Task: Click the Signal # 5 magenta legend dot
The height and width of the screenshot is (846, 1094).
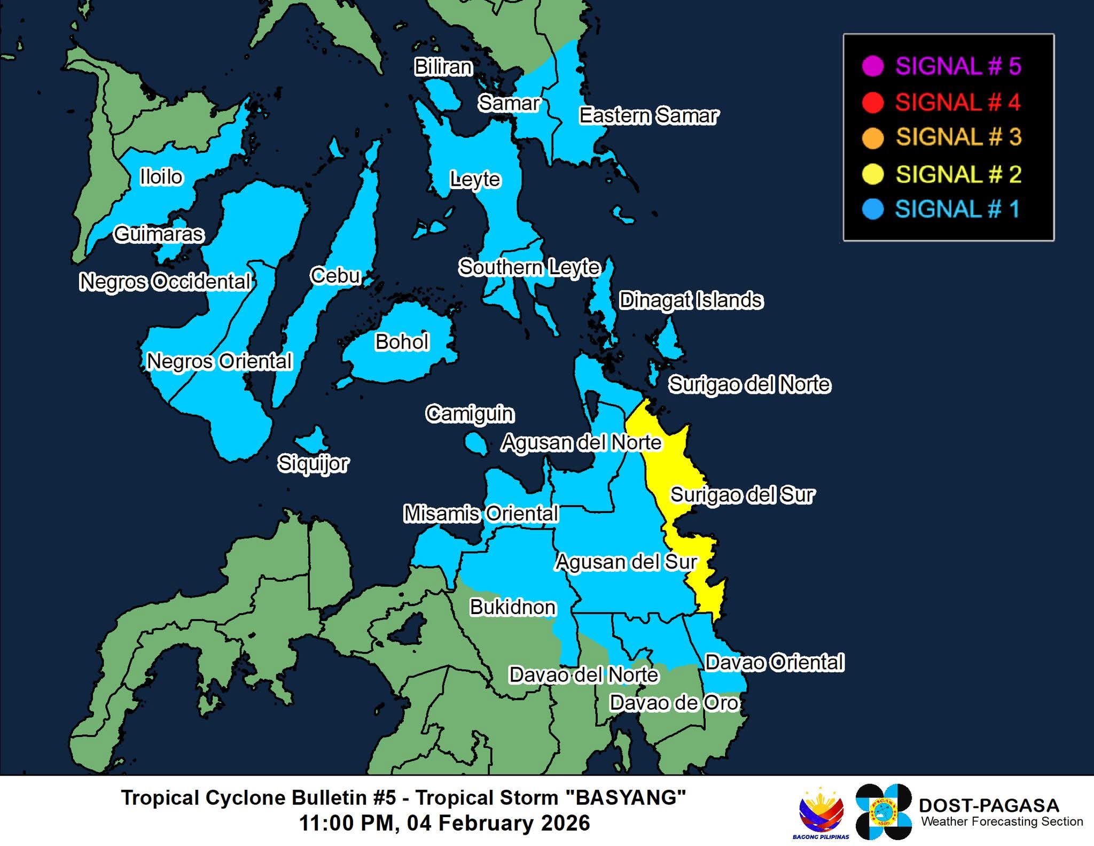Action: tap(873, 66)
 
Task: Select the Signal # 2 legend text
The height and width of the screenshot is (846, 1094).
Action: tap(958, 174)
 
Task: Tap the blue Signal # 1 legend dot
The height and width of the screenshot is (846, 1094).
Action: tap(873, 209)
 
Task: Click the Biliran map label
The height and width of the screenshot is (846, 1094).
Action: tap(443, 67)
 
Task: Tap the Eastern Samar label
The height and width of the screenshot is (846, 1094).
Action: tap(648, 115)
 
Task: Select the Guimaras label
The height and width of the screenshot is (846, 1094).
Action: tap(159, 234)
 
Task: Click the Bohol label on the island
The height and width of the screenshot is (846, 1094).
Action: tap(402, 342)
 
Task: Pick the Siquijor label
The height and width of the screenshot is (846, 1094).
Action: tap(313, 463)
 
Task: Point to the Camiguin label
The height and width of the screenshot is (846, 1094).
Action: tap(470, 414)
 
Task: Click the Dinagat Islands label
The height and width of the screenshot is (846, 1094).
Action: tap(691, 300)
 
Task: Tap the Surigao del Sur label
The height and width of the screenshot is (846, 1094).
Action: tap(742, 495)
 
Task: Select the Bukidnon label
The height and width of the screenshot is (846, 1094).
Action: tap(512, 607)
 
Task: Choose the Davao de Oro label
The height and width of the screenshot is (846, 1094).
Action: tap(674, 703)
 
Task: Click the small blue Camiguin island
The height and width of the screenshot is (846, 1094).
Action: tap(475, 443)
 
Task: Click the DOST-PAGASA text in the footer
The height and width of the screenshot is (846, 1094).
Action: tap(988, 805)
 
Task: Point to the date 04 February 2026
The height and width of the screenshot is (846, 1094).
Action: tap(498, 823)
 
